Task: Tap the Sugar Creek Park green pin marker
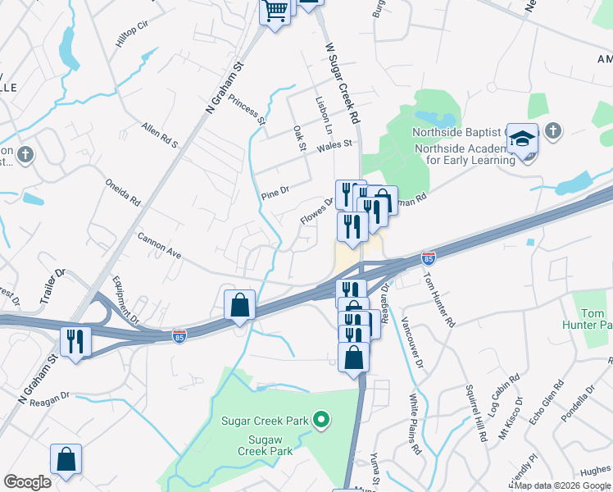tap(322, 421)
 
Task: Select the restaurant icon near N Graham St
tap(75, 341)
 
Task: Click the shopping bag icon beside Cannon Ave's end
tap(238, 305)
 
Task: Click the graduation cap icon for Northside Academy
tap(523, 139)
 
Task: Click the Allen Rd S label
tap(160, 135)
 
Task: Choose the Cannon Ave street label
tap(159, 244)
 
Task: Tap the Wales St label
tap(334, 144)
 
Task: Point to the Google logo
tap(27, 482)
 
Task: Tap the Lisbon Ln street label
tap(325, 115)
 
